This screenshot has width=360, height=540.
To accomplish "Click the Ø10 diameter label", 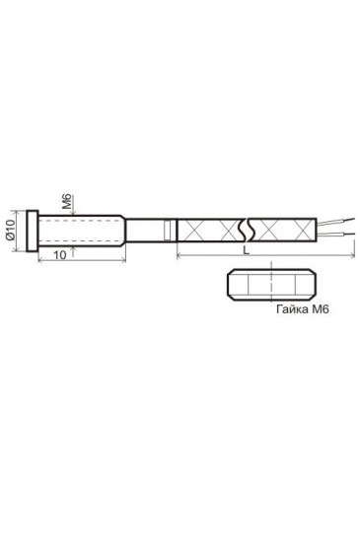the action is pyautogui.click(x=10, y=230).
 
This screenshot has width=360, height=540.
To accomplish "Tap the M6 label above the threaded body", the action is pyautogui.click(x=67, y=202).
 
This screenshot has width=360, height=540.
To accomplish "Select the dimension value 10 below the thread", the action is pyautogui.click(x=60, y=255).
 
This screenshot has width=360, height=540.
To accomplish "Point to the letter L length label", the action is pyautogui.click(x=247, y=250).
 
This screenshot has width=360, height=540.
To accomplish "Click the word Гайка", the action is pyautogui.click(x=292, y=308).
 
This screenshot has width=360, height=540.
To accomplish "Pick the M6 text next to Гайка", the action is pyautogui.click(x=321, y=308).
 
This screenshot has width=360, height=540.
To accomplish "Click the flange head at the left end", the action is pyautogui.click(x=33, y=231).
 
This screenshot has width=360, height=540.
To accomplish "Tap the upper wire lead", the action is pyautogui.click(x=336, y=221).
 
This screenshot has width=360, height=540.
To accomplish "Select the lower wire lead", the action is pyautogui.click(x=336, y=235).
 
